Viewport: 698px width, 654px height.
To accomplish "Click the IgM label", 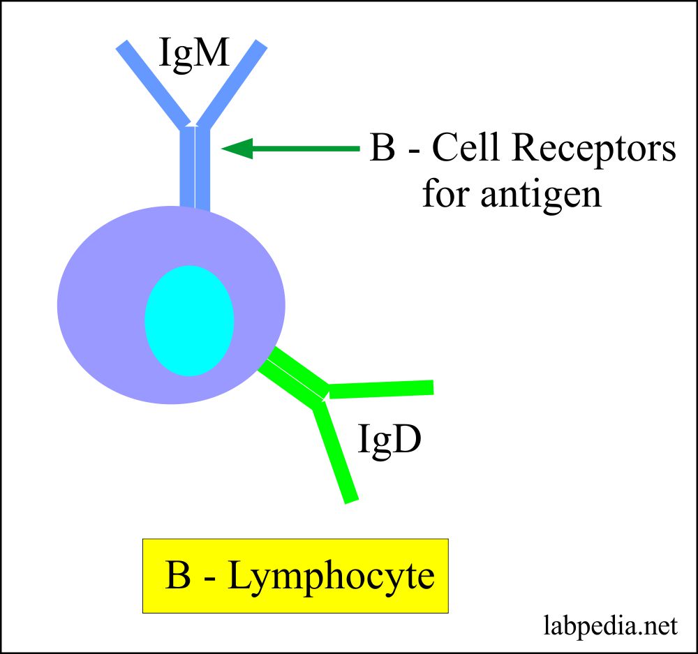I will click(x=193, y=54).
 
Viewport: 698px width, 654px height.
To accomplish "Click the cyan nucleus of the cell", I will click(x=188, y=320).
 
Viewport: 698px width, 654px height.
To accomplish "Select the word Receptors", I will click(x=588, y=149).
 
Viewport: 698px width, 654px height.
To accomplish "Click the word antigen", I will click(x=541, y=193).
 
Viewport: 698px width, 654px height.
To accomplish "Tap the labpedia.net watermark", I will click(x=610, y=626).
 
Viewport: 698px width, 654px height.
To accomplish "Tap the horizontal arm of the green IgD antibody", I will click(x=381, y=389).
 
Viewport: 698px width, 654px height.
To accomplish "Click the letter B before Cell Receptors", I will click(x=382, y=149).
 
